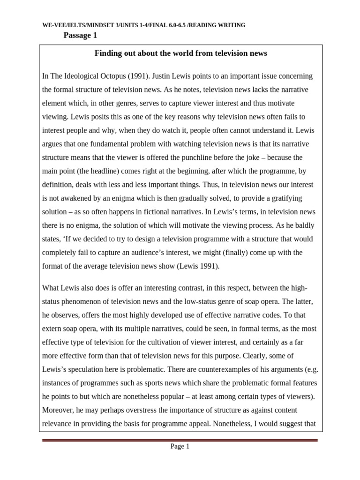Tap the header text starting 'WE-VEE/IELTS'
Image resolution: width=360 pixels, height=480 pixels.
(x=143, y=25)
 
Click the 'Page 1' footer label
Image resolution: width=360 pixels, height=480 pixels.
(x=180, y=447)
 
